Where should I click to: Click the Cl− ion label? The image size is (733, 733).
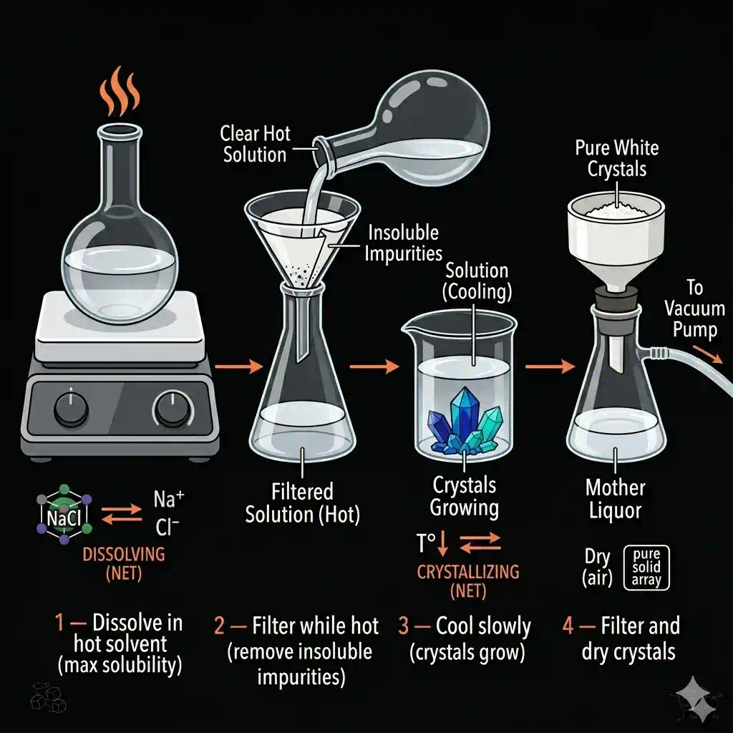(x=168, y=528)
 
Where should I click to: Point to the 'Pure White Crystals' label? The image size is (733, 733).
(x=616, y=159)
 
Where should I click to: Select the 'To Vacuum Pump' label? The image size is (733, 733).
(x=694, y=309)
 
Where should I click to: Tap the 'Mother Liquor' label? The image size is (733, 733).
(x=615, y=500)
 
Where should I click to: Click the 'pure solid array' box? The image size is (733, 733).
(x=647, y=568)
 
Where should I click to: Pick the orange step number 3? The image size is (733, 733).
(x=405, y=626)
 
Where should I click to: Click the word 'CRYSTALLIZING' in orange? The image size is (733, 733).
(x=468, y=573)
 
